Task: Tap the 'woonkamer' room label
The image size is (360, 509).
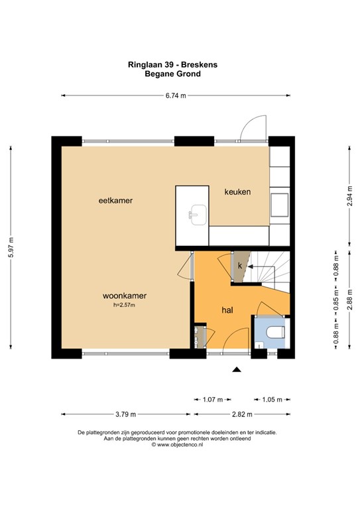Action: pyautogui.click(x=124, y=296)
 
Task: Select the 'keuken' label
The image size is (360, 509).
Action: pyautogui.click(x=237, y=192)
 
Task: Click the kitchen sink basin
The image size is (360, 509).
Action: pyautogui.click(x=197, y=215)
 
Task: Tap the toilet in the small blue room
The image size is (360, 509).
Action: pyautogui.click(x=273, y=332)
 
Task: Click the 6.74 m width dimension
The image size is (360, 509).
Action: pyautogui.click(x=175, y=96)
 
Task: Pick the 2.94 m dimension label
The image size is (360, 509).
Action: pyautogui.click(x=349, y=199)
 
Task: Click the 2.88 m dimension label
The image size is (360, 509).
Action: pyautogui.click(x=349, y=302)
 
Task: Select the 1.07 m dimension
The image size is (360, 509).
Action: pyautogui.click(x=212, y=400)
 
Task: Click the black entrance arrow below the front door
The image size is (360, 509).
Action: pyautogui.click(x=236, y=370)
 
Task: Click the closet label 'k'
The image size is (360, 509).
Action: pyautogui.click(x=241, y=266)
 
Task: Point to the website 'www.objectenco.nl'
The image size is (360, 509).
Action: pyautogui.click(x=180, y=445)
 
